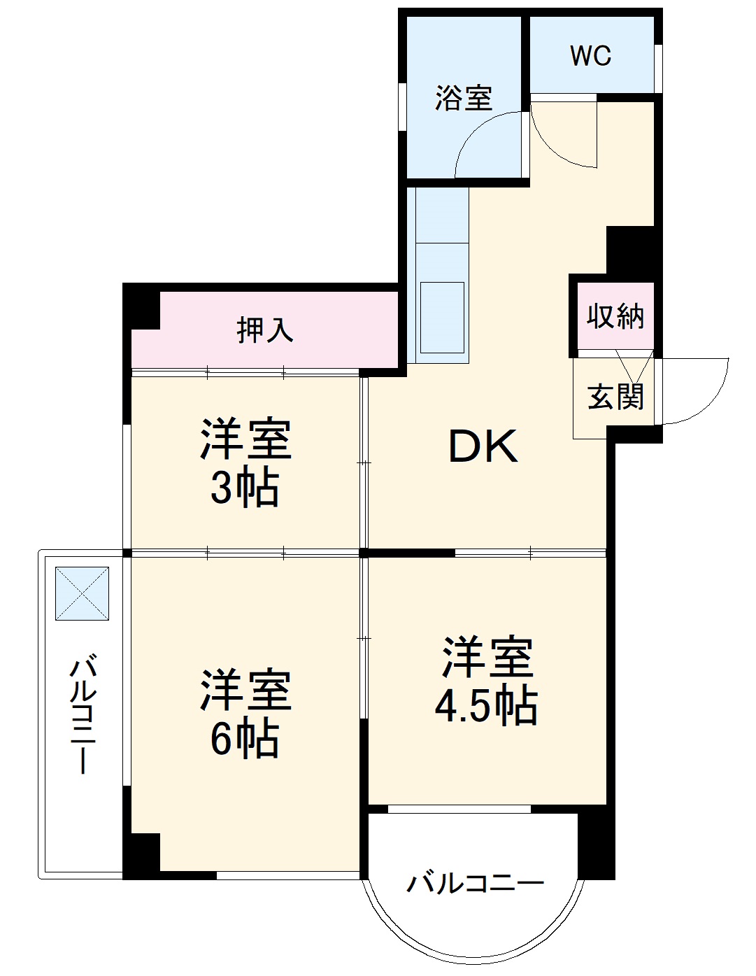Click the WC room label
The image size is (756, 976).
[590, 55]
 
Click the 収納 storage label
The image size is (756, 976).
[615, 317]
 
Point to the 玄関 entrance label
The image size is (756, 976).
[615, 397]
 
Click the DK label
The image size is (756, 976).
[483, 447]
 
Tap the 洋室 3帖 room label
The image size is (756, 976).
[245, 462]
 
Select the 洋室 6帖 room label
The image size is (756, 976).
[245, 714]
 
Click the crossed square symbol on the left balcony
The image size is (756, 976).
[83, 593]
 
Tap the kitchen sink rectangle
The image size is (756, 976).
[441, 317]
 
